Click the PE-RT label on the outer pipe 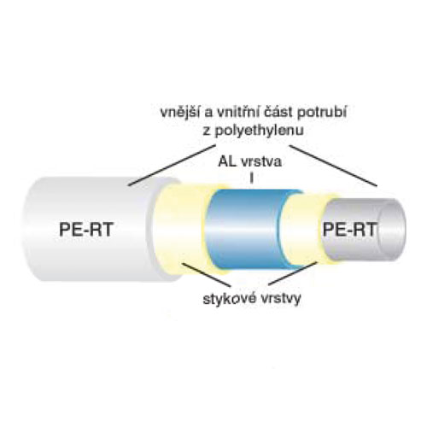[86, 229]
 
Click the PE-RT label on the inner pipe [350, 229]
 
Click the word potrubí [322, 114]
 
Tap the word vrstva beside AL [261, 162]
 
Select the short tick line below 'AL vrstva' [251, 178]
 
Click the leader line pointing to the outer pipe [172, 166]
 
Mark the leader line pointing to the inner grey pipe [333, 166]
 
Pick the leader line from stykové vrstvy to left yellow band [206, 275]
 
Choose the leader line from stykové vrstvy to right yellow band [293, 273]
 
